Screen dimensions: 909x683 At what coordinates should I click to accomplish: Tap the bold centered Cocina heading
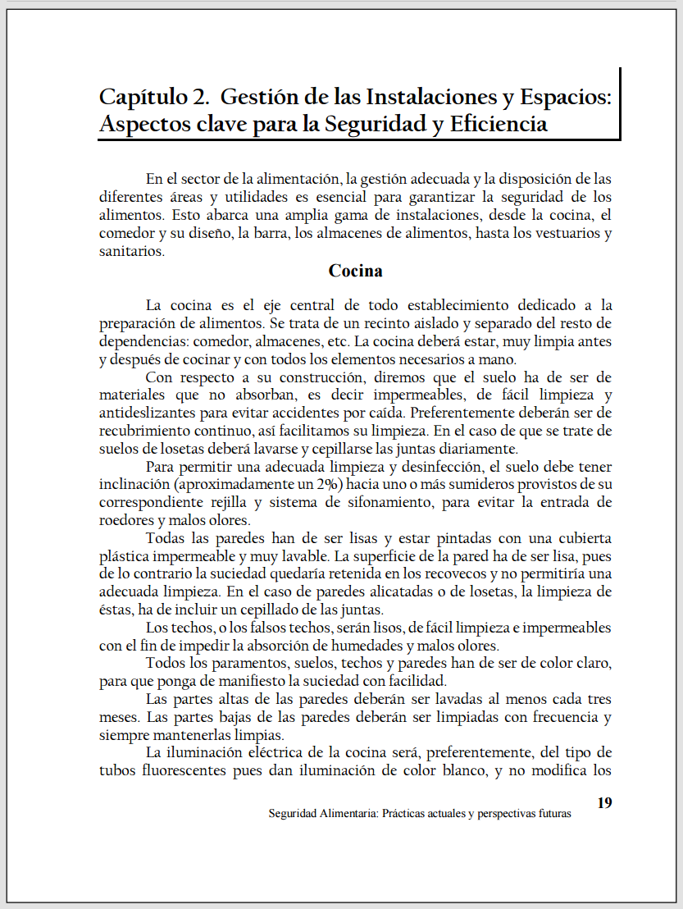point(355,270)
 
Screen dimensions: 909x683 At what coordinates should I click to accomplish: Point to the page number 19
point(604,802)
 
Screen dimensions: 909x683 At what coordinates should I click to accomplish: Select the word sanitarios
point(130,252)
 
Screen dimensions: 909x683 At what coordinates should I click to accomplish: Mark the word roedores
point(124,520)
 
